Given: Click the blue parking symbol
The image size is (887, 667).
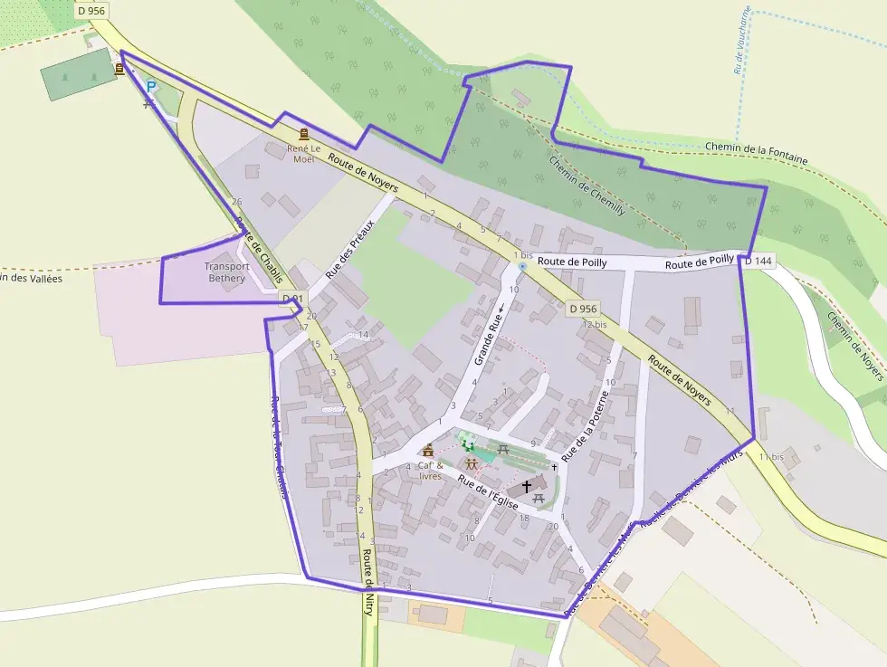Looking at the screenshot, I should tap(151, 87).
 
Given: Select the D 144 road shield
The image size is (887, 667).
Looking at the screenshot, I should tap(758, 261).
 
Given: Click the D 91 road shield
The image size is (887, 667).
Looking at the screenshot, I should tap(291, 298).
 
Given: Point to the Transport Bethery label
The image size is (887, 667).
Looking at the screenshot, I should tap(225, 272).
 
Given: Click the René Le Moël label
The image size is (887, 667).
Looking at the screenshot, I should tap(303, 153).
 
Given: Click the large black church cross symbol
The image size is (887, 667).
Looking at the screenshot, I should tap(527, 487).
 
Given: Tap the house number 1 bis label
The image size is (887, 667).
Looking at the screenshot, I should tap(523, 255).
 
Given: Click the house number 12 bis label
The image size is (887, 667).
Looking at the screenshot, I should tap(595, 324).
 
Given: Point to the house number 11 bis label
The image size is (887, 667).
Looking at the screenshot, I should tap(771, 456).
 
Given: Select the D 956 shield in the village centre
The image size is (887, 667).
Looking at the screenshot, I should tap(585, 309).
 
